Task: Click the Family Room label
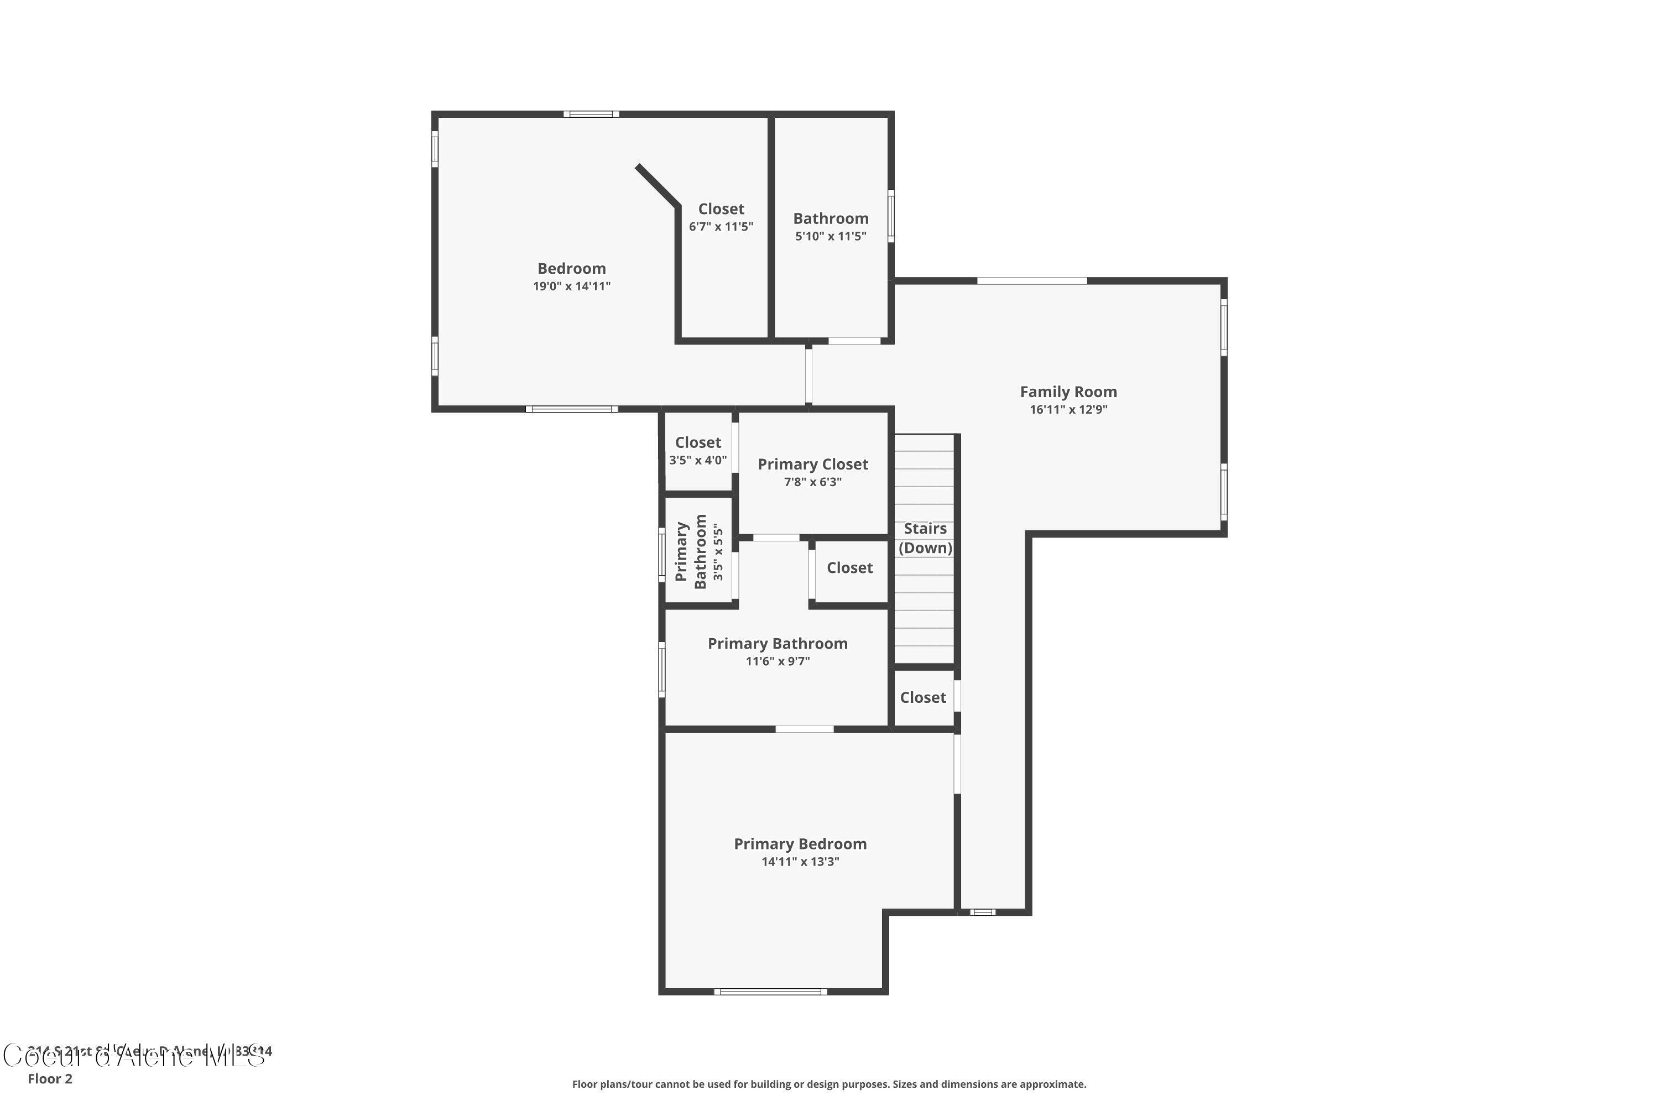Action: [x=1068, y=392]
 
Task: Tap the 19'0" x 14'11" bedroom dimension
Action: [x=571, y=286]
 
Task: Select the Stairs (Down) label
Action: [x=925, y=538]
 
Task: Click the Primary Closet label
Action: [x=812, y=464]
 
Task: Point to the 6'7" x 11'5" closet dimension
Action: [x=721, y=226]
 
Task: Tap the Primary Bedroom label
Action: [x=800, y=844]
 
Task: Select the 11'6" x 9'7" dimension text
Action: [x=778, y=661]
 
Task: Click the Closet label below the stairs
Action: [x=922, y=697]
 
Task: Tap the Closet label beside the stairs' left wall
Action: [x=849, y=568]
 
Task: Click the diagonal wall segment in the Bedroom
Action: [x=658, y=185]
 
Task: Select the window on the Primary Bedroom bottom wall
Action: [x=770, y=992]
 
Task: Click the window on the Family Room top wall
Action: [x=1031, y=281]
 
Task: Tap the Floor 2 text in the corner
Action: [x=50, y=1078]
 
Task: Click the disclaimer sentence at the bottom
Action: [x=829, y=1084]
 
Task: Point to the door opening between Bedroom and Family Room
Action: [x=808, y=374]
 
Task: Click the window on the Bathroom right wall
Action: [x=891, y=216]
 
